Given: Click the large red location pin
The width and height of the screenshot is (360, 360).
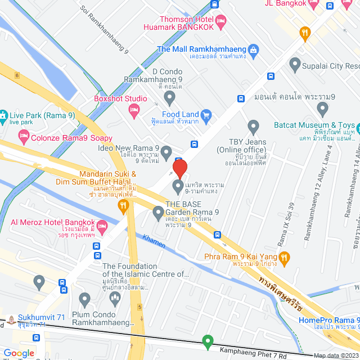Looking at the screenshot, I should (179, 169).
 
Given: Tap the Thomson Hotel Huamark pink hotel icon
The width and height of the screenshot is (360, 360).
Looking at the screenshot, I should (221, 22).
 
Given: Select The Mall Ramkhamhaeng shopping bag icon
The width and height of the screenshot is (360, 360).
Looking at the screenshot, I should (254, 49).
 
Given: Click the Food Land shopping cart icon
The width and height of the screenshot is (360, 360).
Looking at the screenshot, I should (206, 116).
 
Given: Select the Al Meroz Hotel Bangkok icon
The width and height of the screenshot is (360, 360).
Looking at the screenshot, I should (102, 227).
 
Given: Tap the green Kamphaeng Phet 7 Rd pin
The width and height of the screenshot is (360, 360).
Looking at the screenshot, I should (208, 341).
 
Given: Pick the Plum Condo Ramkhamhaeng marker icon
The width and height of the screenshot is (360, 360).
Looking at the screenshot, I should (85, 298).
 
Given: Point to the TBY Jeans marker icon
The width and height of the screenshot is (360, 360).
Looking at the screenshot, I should (253, 127).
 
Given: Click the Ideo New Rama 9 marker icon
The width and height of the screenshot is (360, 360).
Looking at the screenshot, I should (166, 150).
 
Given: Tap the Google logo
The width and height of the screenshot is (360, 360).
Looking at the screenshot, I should (19, 353).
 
